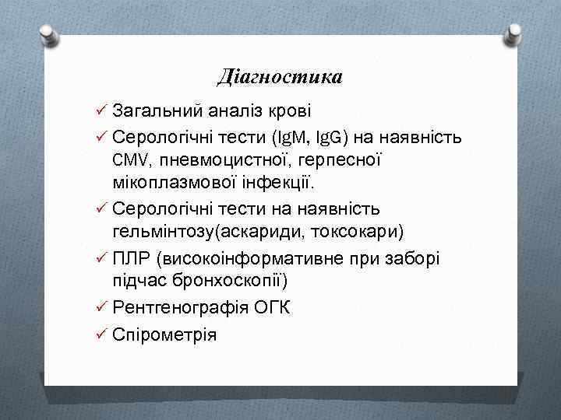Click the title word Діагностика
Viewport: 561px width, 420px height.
280,77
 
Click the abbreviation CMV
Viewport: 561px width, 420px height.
129,160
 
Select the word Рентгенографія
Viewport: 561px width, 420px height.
182,306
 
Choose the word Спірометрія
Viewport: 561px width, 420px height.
165,334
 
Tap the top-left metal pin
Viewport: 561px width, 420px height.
48,33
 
